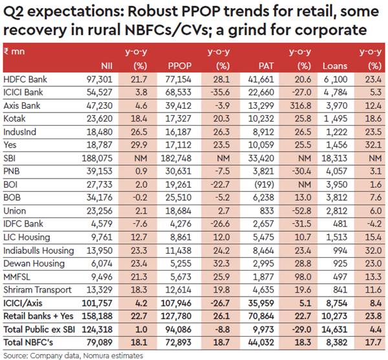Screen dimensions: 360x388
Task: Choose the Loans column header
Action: point(334,65)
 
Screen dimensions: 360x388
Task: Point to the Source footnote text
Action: point(54,354)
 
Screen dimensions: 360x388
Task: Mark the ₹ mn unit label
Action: point(14,51)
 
